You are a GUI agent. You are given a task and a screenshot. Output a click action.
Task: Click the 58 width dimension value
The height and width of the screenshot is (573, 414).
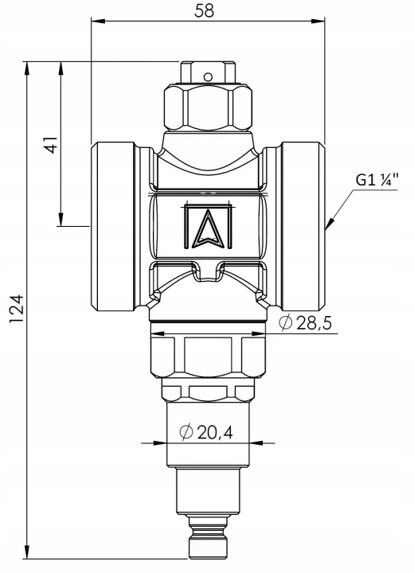[204, 10]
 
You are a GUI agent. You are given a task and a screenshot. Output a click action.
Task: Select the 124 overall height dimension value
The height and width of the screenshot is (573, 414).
[17, 309]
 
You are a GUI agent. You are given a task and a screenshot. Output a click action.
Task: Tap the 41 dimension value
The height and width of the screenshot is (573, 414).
[51, 145]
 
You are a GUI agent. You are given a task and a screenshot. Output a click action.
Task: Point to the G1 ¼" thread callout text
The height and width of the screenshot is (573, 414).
[377, 179]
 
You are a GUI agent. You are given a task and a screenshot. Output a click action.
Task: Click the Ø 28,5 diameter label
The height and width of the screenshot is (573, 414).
[306, 322]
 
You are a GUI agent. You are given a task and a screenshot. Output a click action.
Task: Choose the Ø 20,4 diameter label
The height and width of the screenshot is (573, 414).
[206, 432]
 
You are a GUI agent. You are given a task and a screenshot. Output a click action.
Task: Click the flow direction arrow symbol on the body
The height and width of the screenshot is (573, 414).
[208, 227]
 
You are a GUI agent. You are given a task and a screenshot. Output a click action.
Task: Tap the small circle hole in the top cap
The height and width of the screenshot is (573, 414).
[208, 77]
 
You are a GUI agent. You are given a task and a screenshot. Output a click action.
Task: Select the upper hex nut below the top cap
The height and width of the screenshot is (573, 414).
[208, 107]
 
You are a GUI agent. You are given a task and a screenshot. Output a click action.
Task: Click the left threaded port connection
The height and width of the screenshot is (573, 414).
[113, 227]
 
